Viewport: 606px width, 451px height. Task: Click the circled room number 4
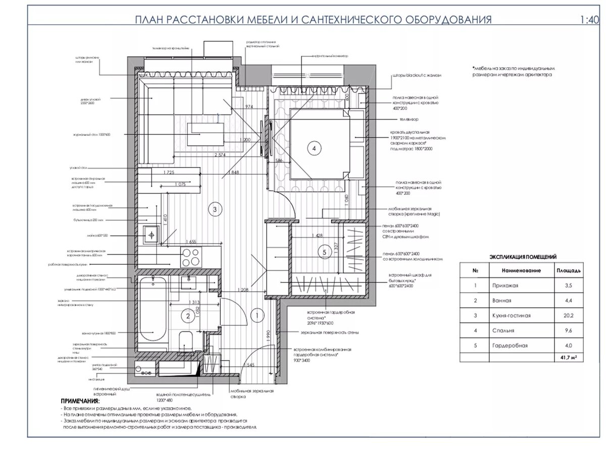click(x=314, y=148)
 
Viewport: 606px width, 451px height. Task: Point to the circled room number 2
click(x=187, y=316)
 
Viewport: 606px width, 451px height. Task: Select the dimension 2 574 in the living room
click(x=220, y=155)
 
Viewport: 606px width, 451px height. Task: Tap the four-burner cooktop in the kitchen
click(x=190, y=257)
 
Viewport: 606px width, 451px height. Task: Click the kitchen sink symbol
click(x=150, y=234)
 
